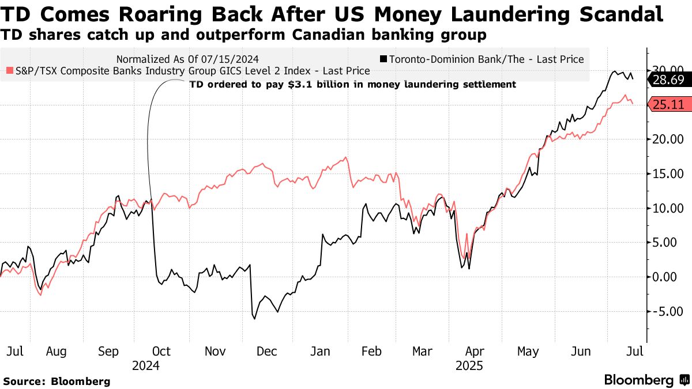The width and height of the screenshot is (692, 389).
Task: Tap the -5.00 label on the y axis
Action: point(667,311)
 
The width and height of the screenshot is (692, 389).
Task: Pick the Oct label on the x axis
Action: point(161,352)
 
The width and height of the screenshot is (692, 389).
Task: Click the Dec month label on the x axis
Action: point(266,352)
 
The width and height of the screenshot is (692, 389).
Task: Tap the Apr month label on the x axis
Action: point(474,352)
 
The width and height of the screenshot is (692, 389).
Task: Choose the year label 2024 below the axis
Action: point(145,365)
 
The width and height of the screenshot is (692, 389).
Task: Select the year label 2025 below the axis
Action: point(469,365)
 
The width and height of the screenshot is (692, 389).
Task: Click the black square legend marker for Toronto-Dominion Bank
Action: point(383,59)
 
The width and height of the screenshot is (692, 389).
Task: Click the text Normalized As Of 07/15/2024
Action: point(187,59)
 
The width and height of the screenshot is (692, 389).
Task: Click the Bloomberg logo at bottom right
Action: point(646,380)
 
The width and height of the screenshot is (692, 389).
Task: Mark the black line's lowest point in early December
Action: point(254,318)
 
